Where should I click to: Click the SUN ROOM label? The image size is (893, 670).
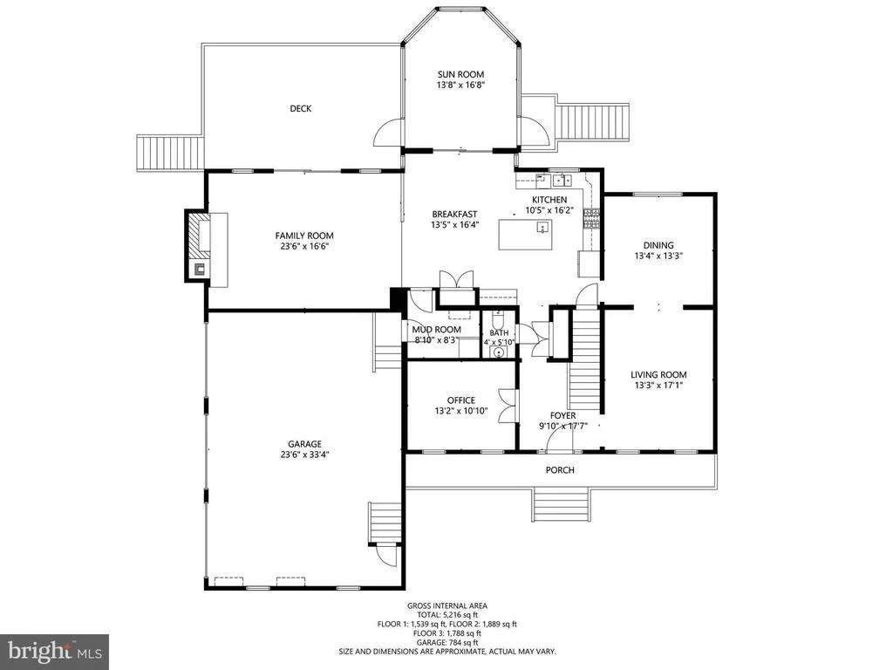click(x=460, y=74)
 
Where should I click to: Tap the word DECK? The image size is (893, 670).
click(x=301, y=108)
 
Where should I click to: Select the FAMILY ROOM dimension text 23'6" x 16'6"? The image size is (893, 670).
click(x=304, y=246)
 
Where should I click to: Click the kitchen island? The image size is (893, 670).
click(x=526, y=235)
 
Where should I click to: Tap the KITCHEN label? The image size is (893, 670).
click(x=549, y=200)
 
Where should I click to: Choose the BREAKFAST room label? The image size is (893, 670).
click(x=454, y=215)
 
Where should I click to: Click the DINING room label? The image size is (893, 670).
click(x=658, y=245)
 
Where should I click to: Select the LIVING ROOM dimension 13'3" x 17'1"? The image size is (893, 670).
click(x=658, y=385)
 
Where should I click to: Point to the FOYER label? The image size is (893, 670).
click(x=562, y=415)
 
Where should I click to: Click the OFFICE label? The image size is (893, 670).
click(x=460, y=400)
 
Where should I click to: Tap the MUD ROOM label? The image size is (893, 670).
click(x=437, y=329)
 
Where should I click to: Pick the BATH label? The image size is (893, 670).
click(x=499, y=332)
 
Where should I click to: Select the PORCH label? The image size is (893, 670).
click(x=560, y=470)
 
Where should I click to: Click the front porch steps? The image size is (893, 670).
click(x=561, y=505)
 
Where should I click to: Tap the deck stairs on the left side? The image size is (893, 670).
click(x=170, y=153)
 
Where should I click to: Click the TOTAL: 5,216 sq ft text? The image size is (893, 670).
click(x=447, y=615)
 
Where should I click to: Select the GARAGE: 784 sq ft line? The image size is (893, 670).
click(x=447, y=642)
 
